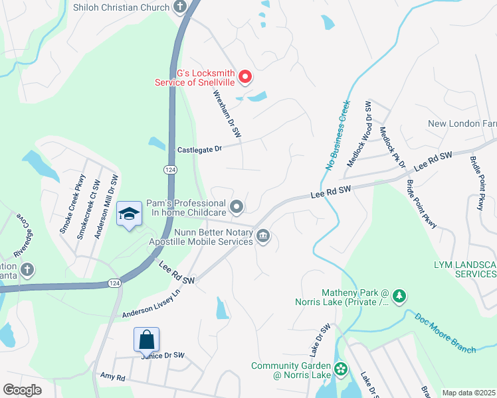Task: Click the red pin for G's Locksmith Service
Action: [245, 78]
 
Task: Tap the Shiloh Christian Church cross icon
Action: [179, 7]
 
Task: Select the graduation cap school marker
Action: [130, 214]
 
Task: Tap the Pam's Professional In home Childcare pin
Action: [237, 208]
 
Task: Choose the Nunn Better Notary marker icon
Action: [263, 236]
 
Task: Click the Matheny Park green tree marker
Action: [399, 296]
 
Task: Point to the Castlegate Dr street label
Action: [199, 151]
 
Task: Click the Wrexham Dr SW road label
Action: [226, 114]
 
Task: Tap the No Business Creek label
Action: [336, 136]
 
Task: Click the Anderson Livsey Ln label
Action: [151, 302]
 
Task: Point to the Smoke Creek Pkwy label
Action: [72, 203]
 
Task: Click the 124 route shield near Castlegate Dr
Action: [171, 170]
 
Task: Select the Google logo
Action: [23, 389]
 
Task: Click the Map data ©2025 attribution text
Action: [469, 393]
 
